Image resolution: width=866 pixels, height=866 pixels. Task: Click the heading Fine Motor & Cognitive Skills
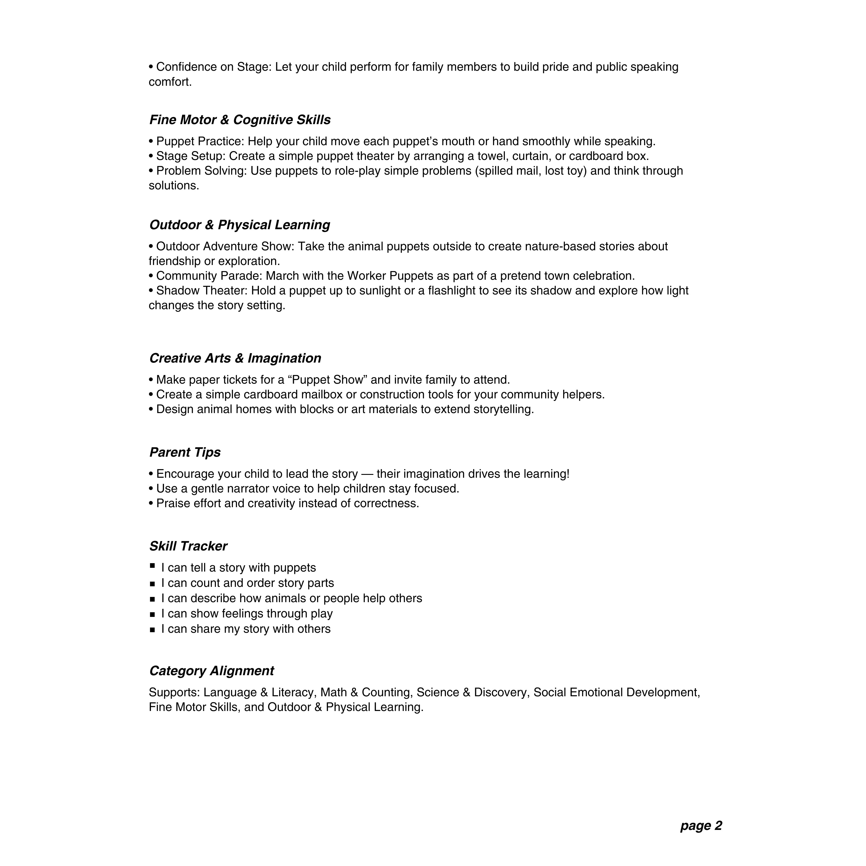tap(240, 120)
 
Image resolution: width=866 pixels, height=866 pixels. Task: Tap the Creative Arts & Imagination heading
tap(235, 359)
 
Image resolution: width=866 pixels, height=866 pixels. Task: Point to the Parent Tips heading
tap(185, 453)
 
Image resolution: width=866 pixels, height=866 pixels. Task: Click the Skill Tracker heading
tap(188, 546)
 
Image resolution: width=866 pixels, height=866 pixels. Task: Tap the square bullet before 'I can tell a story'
tap(152, 566)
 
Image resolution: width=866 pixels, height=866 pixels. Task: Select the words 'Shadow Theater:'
tap(202, 291)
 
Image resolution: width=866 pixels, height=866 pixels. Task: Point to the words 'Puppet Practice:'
tap(200, 142)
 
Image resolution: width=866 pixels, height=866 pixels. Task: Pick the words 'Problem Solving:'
tap(201, 171)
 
